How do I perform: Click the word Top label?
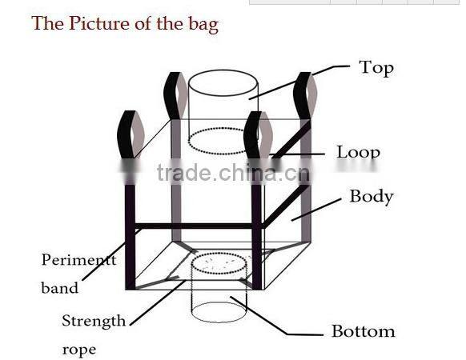376,69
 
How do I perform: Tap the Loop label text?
359,152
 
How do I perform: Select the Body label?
372,197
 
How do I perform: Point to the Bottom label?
364,331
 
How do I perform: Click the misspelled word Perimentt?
78,260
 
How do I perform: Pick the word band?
60,287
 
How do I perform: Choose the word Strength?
94,322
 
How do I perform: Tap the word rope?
79,350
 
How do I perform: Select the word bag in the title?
203,24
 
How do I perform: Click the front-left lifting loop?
131,134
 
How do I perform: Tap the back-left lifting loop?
175,96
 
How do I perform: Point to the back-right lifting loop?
305,96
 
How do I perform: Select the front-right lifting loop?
258,135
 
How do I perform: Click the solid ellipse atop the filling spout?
223,83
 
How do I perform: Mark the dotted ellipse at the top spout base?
223,142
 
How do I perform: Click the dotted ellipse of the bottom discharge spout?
219,263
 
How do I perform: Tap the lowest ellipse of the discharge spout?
219,312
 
